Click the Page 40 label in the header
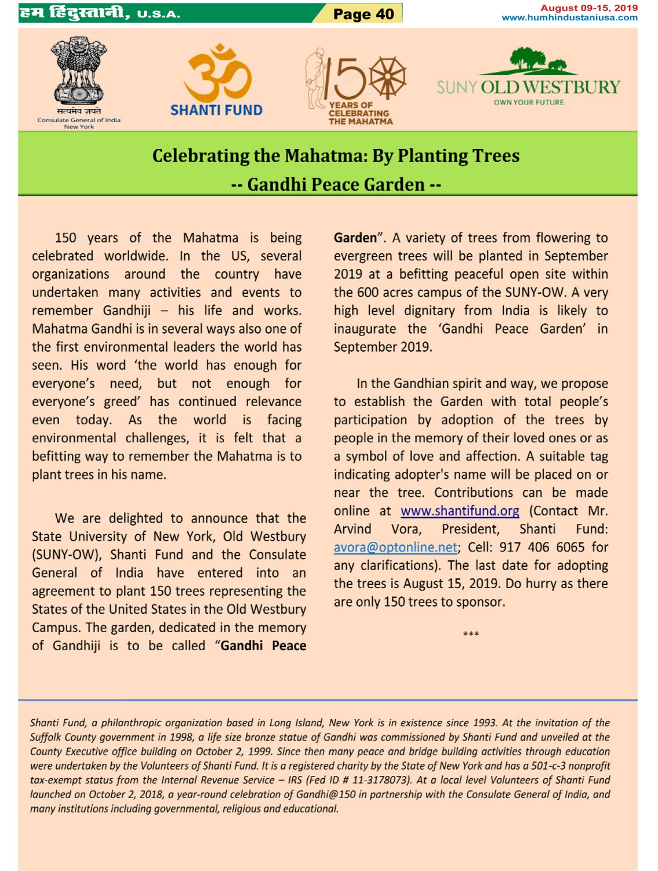click(363, 14)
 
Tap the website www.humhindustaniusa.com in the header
click(569, 18)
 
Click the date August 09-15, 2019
click(588, 8)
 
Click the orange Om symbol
click(217, 72)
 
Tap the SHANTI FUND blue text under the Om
click(216, 110)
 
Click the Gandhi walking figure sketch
click(315, 78)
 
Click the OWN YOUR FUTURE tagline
click(529, 103)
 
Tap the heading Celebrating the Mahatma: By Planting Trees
click(336, 156)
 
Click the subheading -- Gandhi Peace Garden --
click(336, 185)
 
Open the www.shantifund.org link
click(460, 511)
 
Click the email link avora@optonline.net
click(395, 548)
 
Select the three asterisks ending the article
click(471, 634)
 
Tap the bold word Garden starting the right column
click(355, 238)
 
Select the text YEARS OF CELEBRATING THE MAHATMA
click(360, 114)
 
